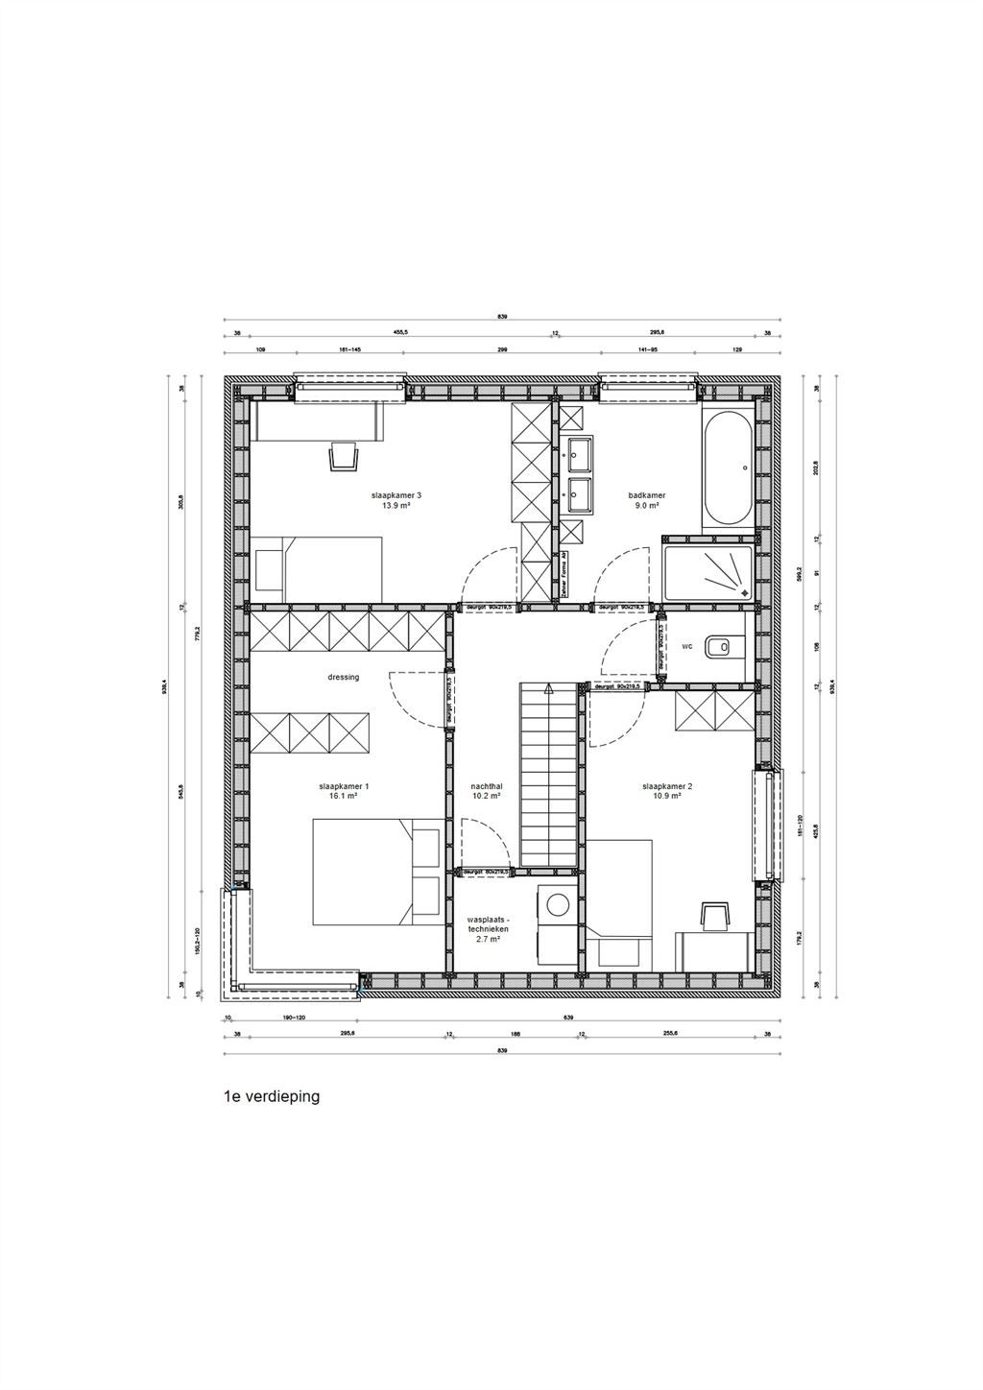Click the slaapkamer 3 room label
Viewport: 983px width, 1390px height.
pyautogui.click(x=396, y=496)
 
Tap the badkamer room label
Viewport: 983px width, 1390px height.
pyautogui.click(x=646, y=496)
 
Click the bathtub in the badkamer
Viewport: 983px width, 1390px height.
pyautogui.click(x=727, y=469)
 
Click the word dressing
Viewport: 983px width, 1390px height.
pyautogui.click(x=343, y=677)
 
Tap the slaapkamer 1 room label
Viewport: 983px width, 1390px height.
pyautogui.click(x=338, y=786)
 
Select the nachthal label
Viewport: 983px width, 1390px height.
pyautogui.click(x=487, y=786)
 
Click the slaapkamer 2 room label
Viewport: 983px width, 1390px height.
pyautogui.click(x=667, y=786)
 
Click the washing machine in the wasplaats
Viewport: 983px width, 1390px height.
pyautogui.click(x=556, y=904)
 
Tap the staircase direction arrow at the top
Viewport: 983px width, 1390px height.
pyautogui.click(x=547, y=688)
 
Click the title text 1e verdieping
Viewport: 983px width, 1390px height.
pyautogui.click(x=271, y=1096)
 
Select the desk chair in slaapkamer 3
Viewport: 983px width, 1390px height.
pyautogui.click(x=343, y=457)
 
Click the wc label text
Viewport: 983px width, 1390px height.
pyautogui.click(x=686, y=647)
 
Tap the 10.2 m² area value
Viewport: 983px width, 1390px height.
pyautogui.click(x=487, y=796)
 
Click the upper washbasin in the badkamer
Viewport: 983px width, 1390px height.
pyautogui.click(x=580, y=450)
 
